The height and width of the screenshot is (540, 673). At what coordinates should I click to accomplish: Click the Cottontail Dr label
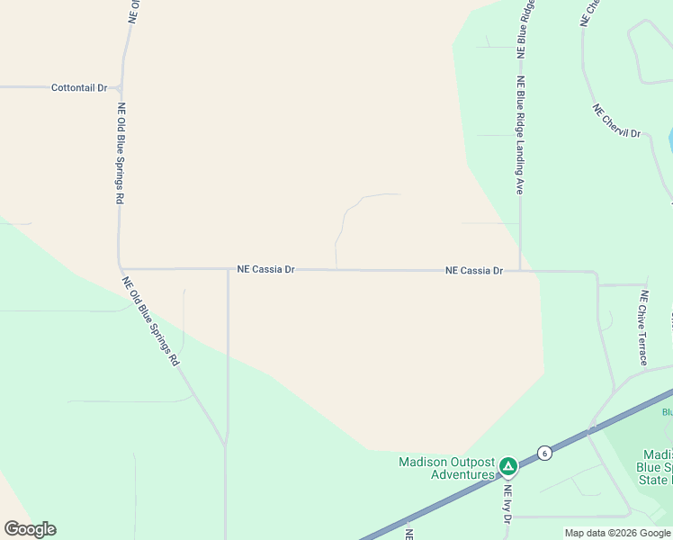tap(79, 88)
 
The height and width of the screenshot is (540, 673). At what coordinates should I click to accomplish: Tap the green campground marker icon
tap(508, 466)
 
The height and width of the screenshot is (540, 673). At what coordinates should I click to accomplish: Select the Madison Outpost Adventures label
tap(447, 468)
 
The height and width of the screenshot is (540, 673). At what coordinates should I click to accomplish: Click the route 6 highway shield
tap(544, 452)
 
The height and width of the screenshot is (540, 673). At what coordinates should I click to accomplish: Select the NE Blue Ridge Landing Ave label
tap(520, 135)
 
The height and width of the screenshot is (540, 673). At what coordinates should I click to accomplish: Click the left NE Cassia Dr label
tap(266, 268)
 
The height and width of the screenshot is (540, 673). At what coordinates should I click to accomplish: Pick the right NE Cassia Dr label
tap(474, 270)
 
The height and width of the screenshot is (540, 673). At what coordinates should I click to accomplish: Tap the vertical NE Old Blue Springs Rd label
tap(120, 153)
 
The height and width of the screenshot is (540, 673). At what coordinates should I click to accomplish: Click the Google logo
tap(30, 529)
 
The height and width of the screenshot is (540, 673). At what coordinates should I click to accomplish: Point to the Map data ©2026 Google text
tap(618, 533)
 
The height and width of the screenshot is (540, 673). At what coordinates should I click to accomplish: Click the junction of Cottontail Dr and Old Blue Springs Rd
tap(120, 88)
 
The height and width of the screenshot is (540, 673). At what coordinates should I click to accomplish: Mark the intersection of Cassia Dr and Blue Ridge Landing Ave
tap(520, 270)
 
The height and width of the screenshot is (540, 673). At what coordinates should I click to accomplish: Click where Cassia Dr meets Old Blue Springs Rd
tap(121, 268)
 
